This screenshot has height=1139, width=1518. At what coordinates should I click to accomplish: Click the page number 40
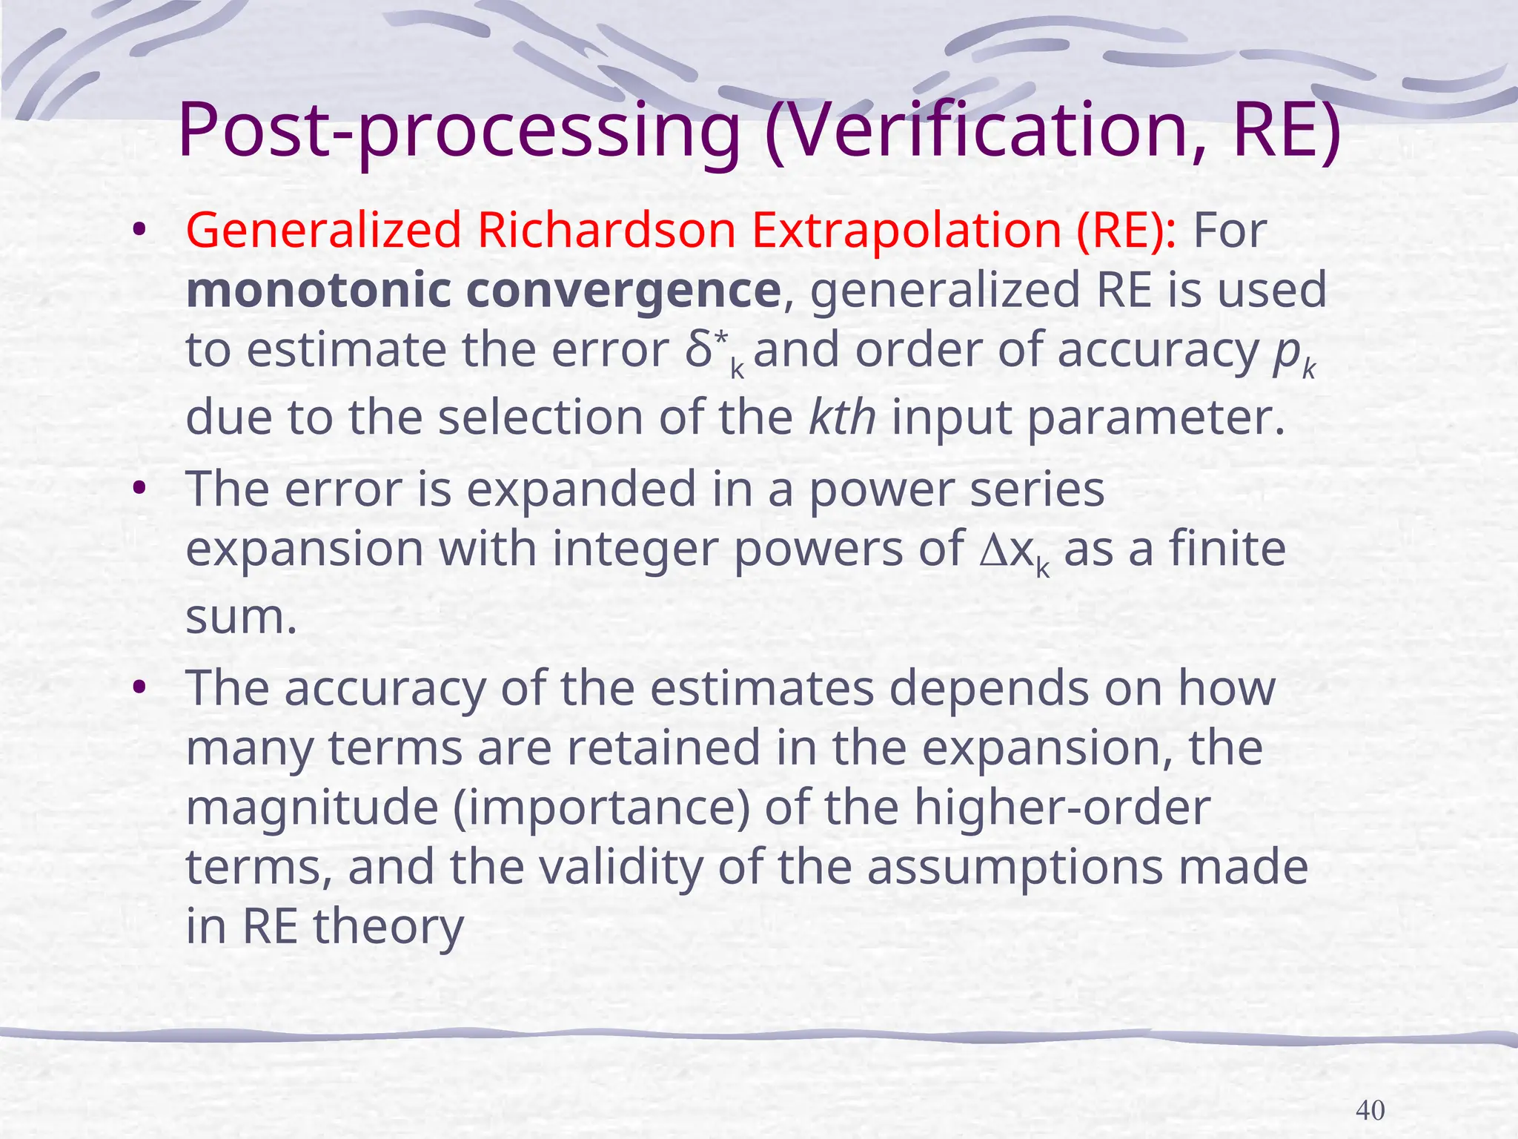pyautogui.click(x=1370, y=1110)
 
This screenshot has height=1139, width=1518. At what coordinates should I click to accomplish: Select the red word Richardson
pyautogui.click(x=606, y=230)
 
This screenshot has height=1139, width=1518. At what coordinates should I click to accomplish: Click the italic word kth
pyautogui.click(x=842, y=417)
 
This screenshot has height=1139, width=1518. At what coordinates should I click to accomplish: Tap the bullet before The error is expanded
pyautogui.click(x=137, y=489)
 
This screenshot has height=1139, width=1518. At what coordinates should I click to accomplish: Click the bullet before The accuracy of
pyautogui.click(x=137, y=688)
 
